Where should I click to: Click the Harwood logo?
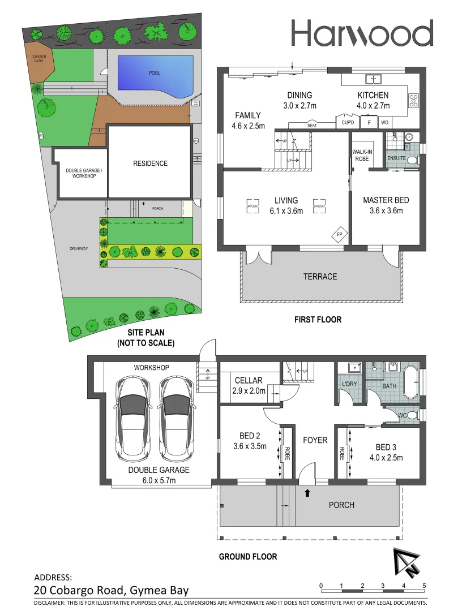click(x=362, y=33)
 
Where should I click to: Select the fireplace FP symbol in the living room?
click(x=340, y=234)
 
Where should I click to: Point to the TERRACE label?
click(x=320, y=277)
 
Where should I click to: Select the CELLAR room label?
click(x=249, y=380)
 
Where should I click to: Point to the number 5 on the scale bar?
click(x=424, y=586)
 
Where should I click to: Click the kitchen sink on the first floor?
click(x=374, y=79)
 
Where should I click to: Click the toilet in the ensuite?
click(x=412, y=161)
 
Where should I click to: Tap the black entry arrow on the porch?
click(x=307, y=493)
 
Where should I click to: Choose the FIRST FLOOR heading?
click(x=318, y=320)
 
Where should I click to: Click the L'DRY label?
click(x=349, y=385)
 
